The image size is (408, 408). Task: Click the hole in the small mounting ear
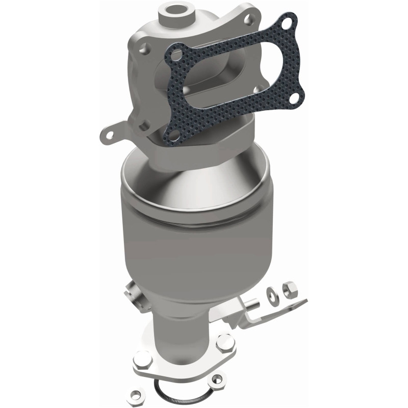tap(109, 136)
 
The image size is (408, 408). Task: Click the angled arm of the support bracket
tap(278, 311)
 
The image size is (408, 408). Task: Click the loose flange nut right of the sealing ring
tap(218, 379)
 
